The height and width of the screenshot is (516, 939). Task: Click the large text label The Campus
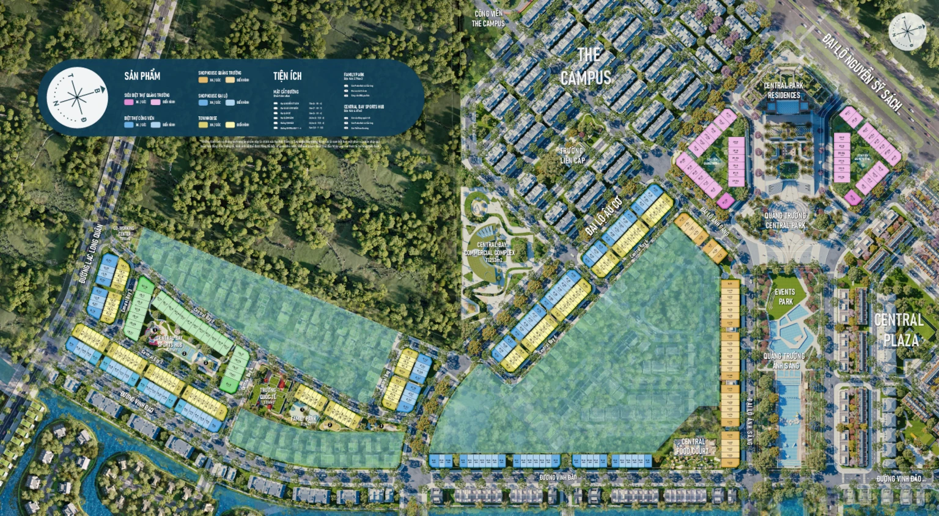[586, 66]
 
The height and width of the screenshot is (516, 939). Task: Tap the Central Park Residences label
[783, 90]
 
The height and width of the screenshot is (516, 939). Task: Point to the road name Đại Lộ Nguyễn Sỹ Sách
[861, 72]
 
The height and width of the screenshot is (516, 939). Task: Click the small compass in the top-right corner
[907, 31]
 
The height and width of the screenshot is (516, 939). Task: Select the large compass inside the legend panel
[78, 98]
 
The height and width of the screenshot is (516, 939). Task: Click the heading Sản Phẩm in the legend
[142, 76]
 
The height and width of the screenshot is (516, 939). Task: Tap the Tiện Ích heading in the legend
[287, 76]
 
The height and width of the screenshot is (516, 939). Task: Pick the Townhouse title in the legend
[207, 118]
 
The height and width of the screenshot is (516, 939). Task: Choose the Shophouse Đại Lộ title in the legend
[213, 96]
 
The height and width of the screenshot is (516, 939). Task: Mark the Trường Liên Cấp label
[572, 155]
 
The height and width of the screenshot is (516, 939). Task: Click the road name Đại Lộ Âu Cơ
[603, 216]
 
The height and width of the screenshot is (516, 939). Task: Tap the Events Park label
[785, 297]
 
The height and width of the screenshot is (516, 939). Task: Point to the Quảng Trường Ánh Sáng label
[784, 361]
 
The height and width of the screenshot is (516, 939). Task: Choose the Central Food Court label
[693, 446]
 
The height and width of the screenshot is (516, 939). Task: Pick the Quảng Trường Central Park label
[785, 220]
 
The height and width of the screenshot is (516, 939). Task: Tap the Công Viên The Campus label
[488, 18]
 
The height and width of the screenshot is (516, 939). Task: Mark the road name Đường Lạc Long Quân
[91, 253]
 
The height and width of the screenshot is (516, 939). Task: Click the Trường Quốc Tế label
[268, 393]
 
